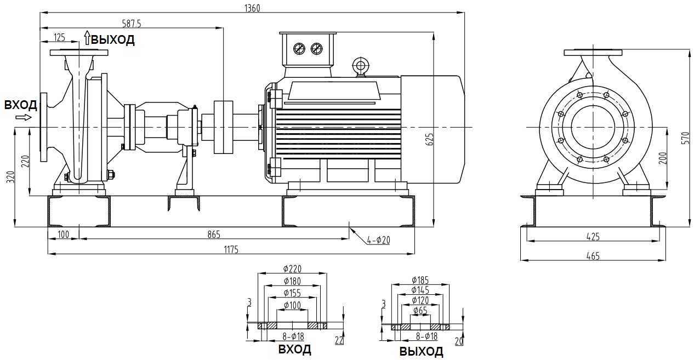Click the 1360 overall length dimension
click(x=252, y=8)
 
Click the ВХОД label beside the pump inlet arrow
click(x=21, y=105)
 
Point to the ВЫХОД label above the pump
click(x=112, y=40)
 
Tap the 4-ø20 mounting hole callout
click(x=378, y=240)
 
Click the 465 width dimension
click(x=593, y=255)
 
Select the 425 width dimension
click(x=593, y=237)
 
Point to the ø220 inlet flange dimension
click(x=293, y=268)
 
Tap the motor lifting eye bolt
click(x=360, y=65)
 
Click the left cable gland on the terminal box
click(x=300, y=49)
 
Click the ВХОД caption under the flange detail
click(x=294, y=349)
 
